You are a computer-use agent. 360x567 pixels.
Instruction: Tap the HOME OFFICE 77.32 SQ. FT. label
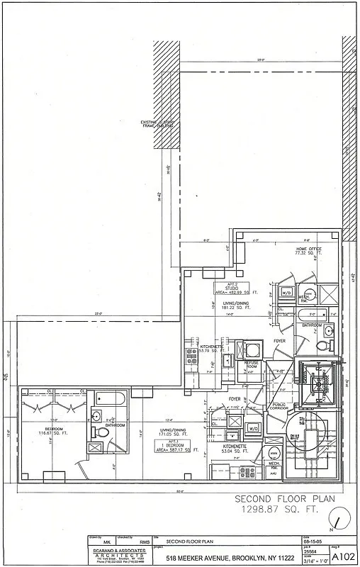pyautogui.click(x=308, y=252)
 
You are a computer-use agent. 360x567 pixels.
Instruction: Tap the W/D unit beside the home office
pyautogui.click(x=287, y=292)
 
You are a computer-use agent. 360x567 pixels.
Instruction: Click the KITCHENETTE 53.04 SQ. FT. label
pyautogui.click(x=234, y=449)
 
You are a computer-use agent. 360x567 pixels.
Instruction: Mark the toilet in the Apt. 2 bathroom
pyautogui.click(x=322, y=346)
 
